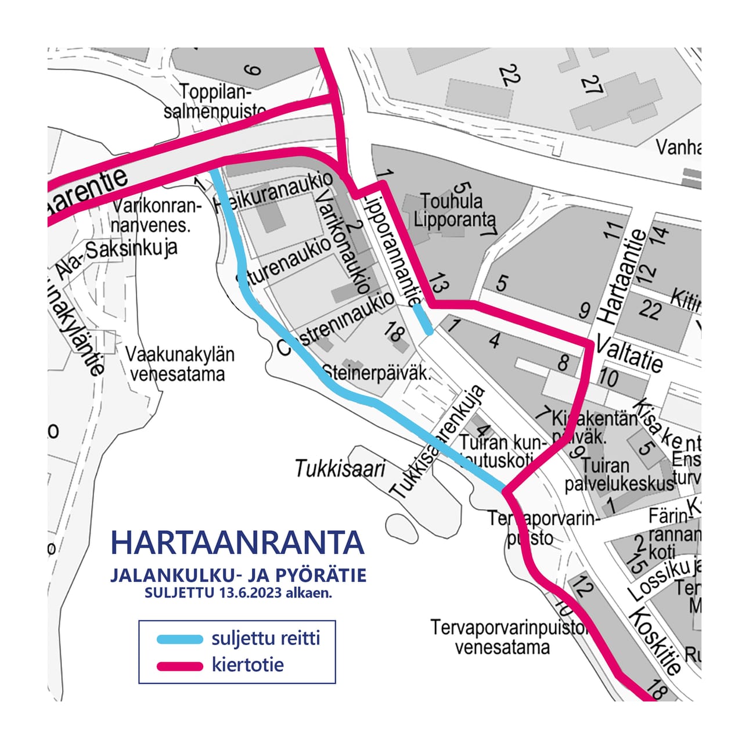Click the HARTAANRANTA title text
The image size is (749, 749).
tap(237, 542)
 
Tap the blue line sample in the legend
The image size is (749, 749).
tap(180, 639)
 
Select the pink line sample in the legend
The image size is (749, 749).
tap(180, 666)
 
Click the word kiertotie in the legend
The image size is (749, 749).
tap(248, 665)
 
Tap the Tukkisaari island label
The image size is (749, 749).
tap(340, 469)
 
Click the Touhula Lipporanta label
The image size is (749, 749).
tap(455, 211)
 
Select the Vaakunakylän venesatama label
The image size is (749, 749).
tap(179, 364)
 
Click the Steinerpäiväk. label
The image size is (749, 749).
tap(376, 373)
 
